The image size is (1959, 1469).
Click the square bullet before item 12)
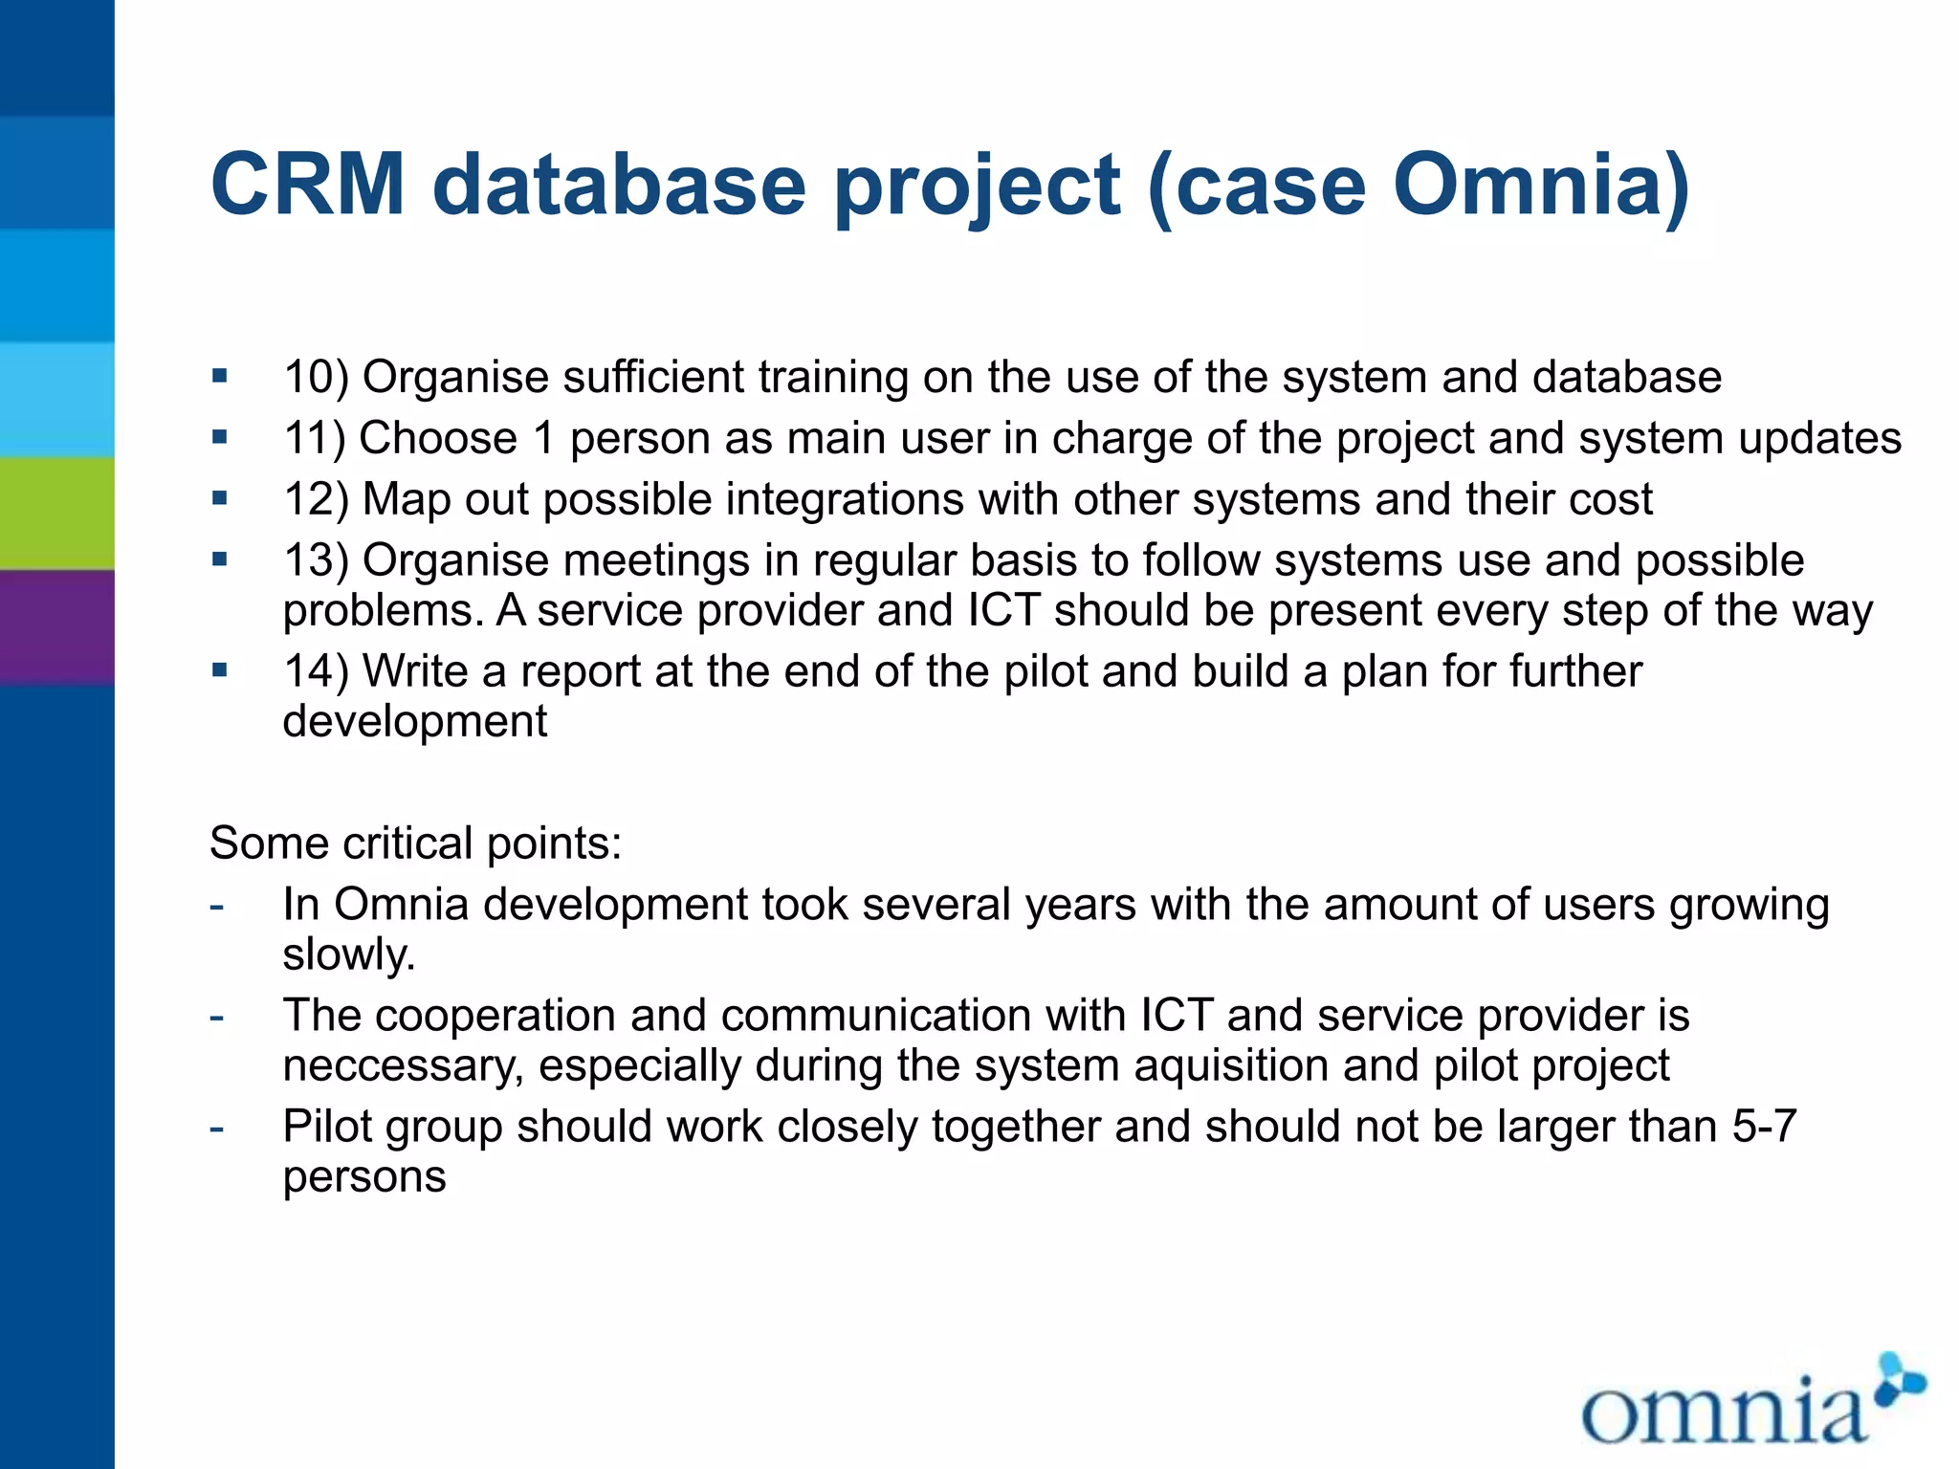(x=221, y=498)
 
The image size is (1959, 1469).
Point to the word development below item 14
(x=414, y=722)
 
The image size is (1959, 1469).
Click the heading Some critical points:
(x=415, y=844)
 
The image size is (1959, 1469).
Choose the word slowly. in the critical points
(x=349, y=954)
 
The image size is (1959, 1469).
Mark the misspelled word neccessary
(x=403, y=1066)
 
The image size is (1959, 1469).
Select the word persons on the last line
(x=364, y=1177)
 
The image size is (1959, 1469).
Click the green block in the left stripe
(x=57, y=514)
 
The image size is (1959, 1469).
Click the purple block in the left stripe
(x=57, y=626)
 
